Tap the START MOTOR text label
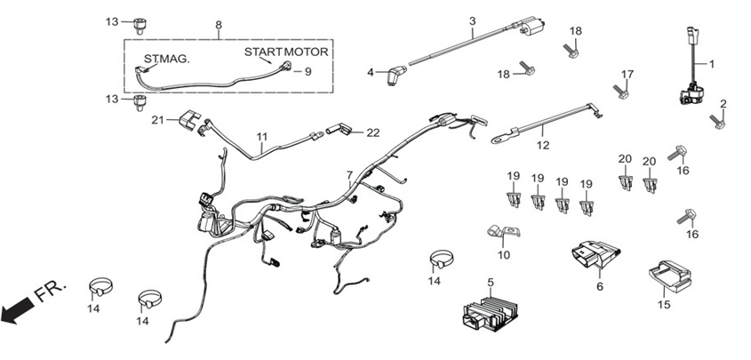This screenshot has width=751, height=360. [x=286, y=52]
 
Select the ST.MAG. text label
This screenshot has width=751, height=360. [x=167, y=60]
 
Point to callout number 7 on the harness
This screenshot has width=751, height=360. [x=349, y=176]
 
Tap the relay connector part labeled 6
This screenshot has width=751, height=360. [x=595, y=255]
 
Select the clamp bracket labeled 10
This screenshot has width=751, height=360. [x=503, y=232]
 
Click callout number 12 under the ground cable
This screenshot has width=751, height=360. [x=543, y=145]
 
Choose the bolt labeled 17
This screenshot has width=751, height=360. [x=620, y=91]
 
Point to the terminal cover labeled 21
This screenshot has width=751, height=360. [x=188, y=120]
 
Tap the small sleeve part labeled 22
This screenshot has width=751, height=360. [x=340, y=129]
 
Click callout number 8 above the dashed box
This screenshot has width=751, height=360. [x=219, y=24]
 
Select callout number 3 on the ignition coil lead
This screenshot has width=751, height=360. [x=472, y=21]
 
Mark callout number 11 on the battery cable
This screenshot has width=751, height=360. [x=261, y=137]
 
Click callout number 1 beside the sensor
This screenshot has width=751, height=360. [x=712, y=63]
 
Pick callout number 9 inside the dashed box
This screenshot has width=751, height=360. [x=308, y=72]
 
